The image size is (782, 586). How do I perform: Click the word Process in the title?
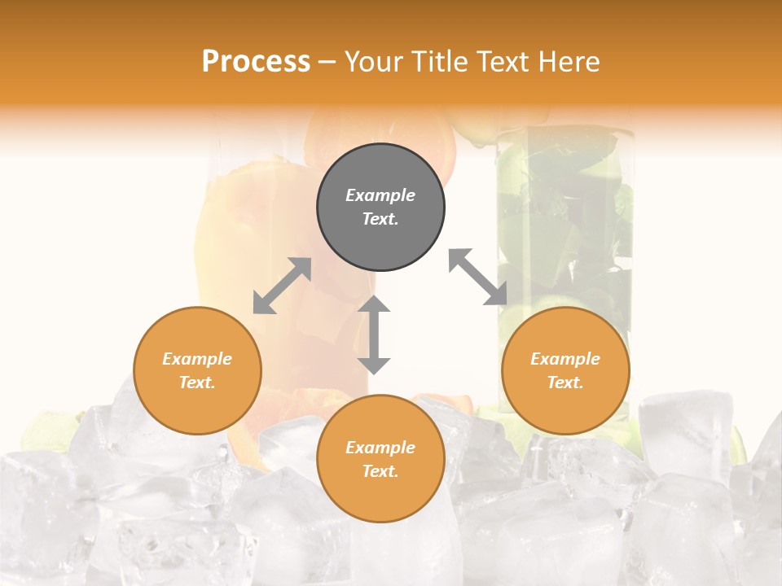(256, 62)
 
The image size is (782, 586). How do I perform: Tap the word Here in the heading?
(568, 62)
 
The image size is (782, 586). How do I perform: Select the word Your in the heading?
(374, 62)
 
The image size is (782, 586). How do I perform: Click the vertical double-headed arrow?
(374, 335)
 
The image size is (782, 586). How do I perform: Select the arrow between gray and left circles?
(282, 286)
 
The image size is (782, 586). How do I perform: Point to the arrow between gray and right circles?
(478, 277)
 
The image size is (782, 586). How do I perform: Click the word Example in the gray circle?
(380, 195)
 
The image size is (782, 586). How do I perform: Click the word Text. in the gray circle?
(380, 219)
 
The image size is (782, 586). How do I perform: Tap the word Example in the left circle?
(197, 359)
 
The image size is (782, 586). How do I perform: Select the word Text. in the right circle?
(565, 383)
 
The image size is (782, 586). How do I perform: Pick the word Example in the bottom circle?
(380, 448)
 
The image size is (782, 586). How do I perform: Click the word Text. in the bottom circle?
(380, 471)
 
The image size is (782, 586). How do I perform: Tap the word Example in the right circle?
(565, 359)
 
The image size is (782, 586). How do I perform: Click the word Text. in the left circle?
(197, 383)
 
